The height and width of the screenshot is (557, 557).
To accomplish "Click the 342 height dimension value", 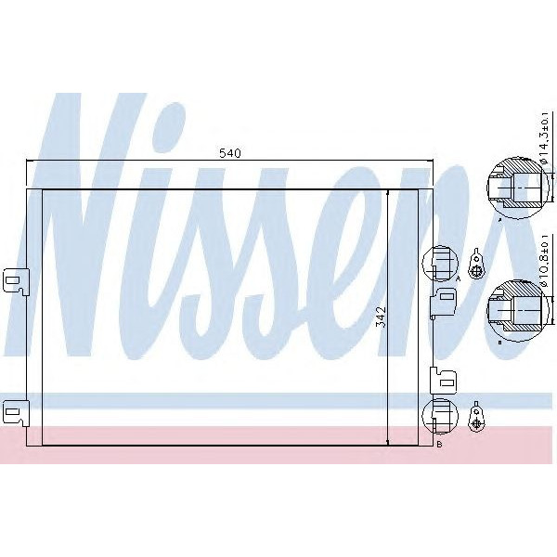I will coord(379,318).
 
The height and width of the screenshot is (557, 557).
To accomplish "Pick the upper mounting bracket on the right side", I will coord(443,300).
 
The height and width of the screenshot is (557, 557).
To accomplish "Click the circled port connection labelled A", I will coord(440,263).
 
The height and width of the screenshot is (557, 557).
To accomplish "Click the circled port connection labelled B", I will coord(440,416).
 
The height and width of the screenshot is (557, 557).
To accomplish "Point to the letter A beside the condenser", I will coord(459,278).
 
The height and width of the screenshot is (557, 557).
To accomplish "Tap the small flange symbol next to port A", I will coord(476,265).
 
